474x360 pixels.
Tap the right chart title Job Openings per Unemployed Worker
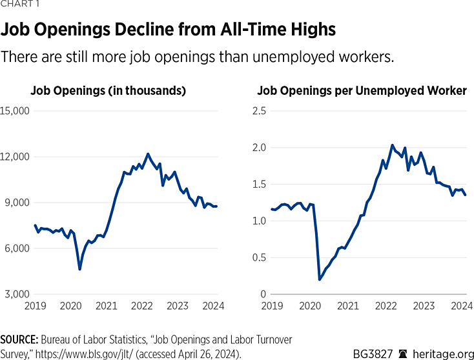362,91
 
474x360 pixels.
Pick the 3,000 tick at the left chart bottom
17,295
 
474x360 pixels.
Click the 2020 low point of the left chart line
79,269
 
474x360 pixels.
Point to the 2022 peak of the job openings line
147,154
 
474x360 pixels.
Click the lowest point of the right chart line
320,279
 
